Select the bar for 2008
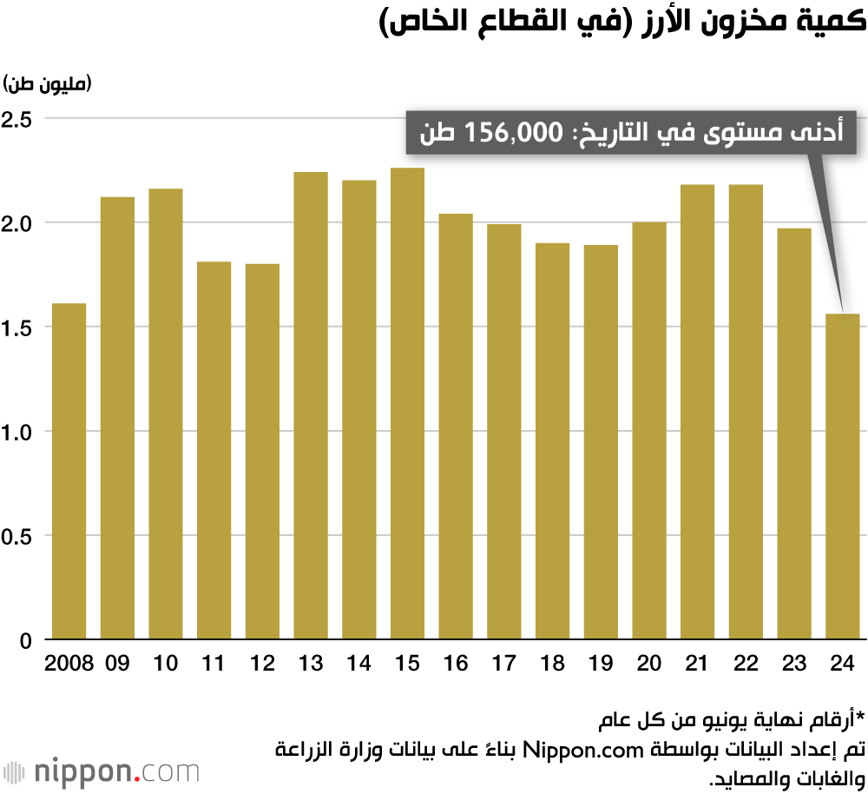pyautogui.click(x=69, y=472)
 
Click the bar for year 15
pyautogui.click(x=408, y=404)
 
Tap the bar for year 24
pyautogui.click(x=842, y=477)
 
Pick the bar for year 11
pyautogui.click(x=214, y=451)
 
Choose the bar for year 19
pyautogui.click(x=601, y=442)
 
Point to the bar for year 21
pyautogui.click(x=698, y=412)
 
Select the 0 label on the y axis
pyautogui.click(x=25, y=641)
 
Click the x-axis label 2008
pyautogui.click(x=69, y=664)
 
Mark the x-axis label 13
pyautogui.click(x=310, y=664)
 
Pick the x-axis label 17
pyautogui.click(x=504, y=664)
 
